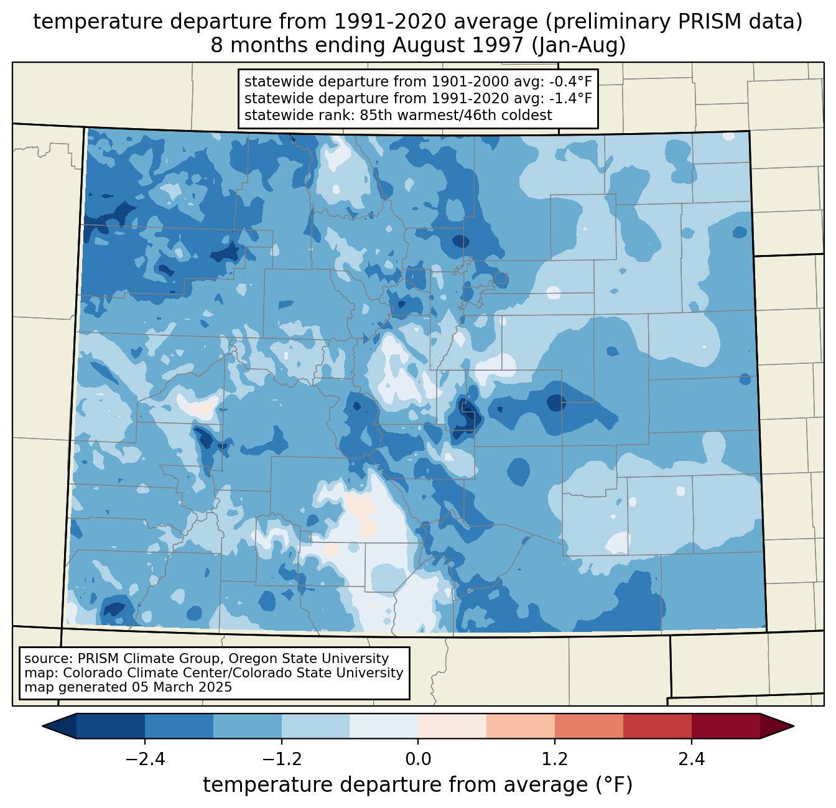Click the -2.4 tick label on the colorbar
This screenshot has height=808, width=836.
(x=144, y=759)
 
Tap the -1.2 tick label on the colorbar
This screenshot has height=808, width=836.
(x=281, y=759)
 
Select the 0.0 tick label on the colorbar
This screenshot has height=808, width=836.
(x=418, y=759)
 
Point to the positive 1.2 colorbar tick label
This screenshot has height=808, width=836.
(x=555, y=759)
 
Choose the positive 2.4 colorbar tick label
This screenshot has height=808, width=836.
(x=692, y=759)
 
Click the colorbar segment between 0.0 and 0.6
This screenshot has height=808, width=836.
(x=452, y=726)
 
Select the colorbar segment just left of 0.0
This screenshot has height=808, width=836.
(x=384, y=726)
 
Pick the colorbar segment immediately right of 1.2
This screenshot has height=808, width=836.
(x=589, y=726)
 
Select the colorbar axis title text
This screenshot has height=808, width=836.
(x=418, y=785)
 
